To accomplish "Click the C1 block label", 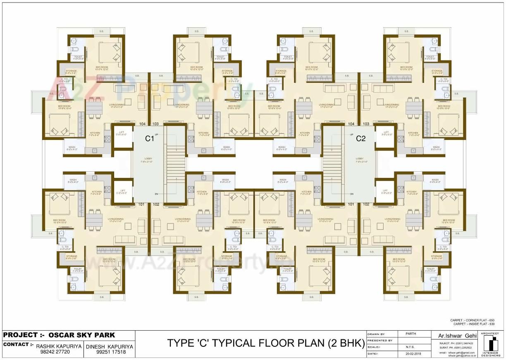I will (149, 139).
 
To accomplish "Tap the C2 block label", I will (361, 139).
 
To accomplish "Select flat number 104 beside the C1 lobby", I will (143, 124).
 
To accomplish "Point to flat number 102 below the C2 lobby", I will (366, 204).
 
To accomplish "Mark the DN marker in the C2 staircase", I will (352, 194).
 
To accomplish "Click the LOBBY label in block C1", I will (148, 159).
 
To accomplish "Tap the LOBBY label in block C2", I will (360, 159).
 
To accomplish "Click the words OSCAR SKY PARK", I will (82, 335).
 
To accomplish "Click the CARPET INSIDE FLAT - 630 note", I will (473, 324).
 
